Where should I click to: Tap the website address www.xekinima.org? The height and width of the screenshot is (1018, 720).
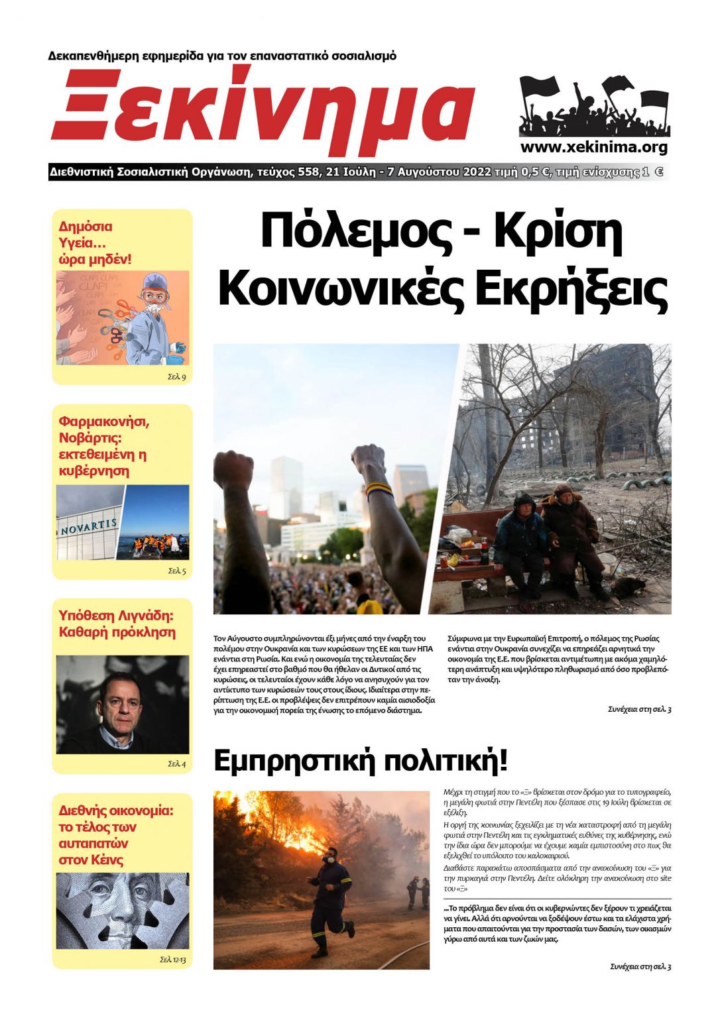pyautogui.click(x=593, y=147)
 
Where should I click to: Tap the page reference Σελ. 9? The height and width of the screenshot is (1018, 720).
pyautogui.click(x=176, y=377)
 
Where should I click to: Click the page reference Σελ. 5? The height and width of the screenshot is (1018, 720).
pyautogui.click(x=176, y=571)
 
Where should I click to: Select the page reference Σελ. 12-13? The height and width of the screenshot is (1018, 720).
pyautogui.click(x=172, y=959)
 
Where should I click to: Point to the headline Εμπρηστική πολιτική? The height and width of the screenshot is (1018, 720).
pyautogui.click(x=360, y=761)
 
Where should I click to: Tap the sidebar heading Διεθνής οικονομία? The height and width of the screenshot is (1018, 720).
pyautogui.click(x=116, y=810)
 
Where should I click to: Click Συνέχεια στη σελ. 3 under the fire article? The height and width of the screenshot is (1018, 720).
pyautogui.click(x=640, y=966)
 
